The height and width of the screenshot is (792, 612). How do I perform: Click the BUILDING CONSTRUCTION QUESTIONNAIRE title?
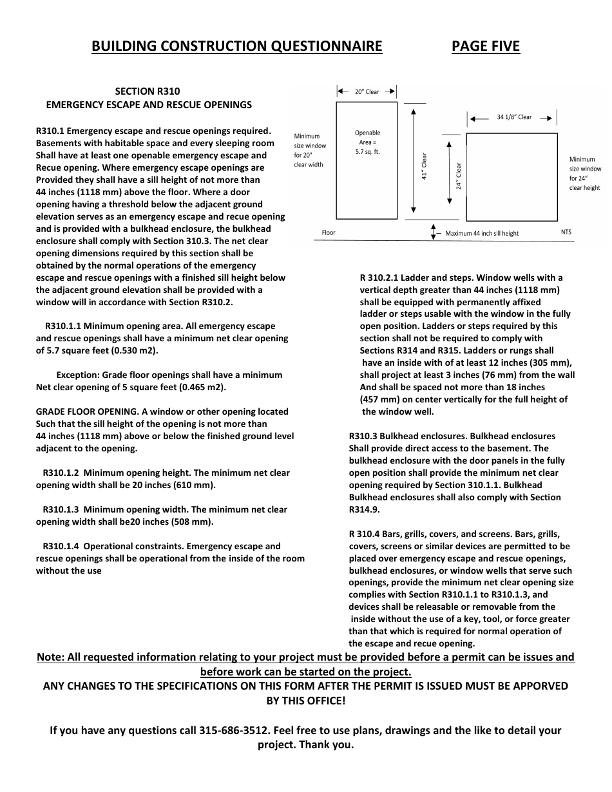[x=236, y=46]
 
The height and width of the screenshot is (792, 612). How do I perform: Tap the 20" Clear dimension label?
[x=367, y=92]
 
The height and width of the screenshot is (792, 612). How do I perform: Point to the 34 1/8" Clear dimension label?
[x=514, y=117]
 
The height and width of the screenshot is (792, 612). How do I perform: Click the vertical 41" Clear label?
[x=425, y=166]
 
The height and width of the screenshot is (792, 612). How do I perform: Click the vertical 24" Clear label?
[x=459, y=175]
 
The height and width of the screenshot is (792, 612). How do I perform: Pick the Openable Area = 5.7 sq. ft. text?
[x=368, y=142]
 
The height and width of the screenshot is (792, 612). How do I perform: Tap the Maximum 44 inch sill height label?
[x=481, y=233]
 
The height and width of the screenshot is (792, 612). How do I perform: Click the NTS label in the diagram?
[x=566, y=232]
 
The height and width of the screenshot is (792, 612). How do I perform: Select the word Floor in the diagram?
[x=329, y=232]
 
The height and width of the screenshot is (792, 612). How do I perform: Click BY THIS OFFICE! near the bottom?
[x=305, y=701]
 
